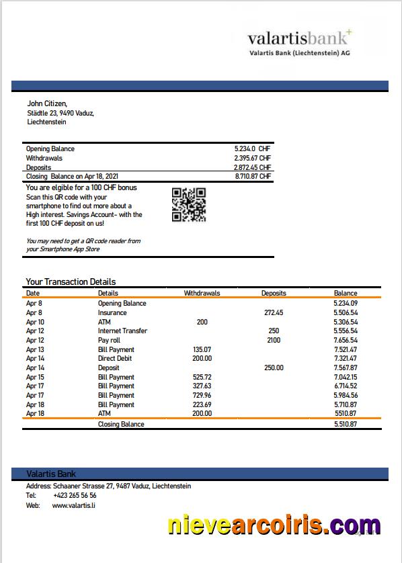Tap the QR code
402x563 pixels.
pos(189,205)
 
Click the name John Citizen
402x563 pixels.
pos(47,103)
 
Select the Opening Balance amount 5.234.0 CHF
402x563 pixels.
pos(252,148)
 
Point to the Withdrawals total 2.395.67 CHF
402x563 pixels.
pos(252,158)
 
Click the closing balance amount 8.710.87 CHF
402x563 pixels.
pos(252,176)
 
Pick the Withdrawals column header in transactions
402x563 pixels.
pos(202,293)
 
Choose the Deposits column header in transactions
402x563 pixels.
pos(274,293)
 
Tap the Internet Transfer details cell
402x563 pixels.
pos(122,331)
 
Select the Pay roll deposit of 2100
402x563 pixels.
pos(274,340)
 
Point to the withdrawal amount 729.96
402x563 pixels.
pos(202,395)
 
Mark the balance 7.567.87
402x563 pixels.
pos(345,367)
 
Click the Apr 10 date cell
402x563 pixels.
pos(35,322)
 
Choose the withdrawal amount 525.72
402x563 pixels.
pos(202,377)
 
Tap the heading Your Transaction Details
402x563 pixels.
pos(71,281)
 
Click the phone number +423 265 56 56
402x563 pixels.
pos(74,495)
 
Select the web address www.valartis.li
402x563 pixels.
pos(74,505)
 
